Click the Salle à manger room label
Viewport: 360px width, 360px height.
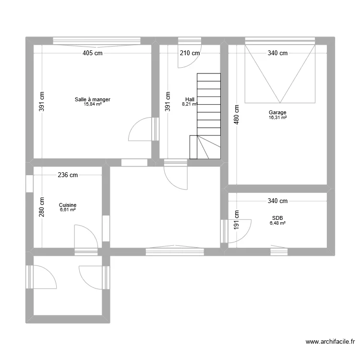pyautogui.click(x=92, y=99)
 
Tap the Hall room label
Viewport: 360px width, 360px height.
pyautogui.click(x=190, y=99)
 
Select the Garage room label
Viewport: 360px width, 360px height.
pyautogui.click(x=277, y=113)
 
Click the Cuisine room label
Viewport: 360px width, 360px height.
pyautogui.click(x=68, y=205)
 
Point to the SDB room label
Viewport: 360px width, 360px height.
pyautogui.click(x=277, y=218)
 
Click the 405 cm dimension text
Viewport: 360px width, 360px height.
pyautogui.click(x=92, y=53)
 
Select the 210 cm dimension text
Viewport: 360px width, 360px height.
pyautogui.click(x=190, y=53)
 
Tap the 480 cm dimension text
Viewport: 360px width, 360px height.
pyautogui.click(x=236, y=115)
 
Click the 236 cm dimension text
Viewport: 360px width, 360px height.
pyautogui.click(x=68, y=175)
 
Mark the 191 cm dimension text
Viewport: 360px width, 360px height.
pyautogui.click(x=236, y=219)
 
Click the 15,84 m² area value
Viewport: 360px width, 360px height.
pyautogui.click(x=92, y=104)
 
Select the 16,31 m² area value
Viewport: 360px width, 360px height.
pyautogui.click(x=277, y=117)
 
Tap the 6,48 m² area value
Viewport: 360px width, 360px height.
pyautogui.click(x=277, y=223)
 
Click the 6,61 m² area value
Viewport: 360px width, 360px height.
pyautogui.click(x=68, y=210)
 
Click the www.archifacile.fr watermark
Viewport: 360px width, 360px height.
pyautogui.click(x=330, y=342)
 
